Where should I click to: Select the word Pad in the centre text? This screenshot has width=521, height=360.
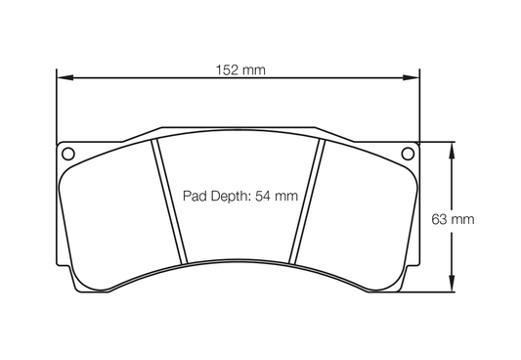coord(195,196)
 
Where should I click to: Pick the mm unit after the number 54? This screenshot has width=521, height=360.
coord(285,196)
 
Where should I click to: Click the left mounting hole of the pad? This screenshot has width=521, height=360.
coord(67,153)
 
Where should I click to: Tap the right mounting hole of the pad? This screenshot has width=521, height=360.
coord(409,153)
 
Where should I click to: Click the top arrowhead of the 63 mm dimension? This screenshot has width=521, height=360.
coord(452,148)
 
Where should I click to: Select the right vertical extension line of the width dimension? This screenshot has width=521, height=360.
coord(418,108)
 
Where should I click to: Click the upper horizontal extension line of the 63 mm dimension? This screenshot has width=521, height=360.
coord(438,142)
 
